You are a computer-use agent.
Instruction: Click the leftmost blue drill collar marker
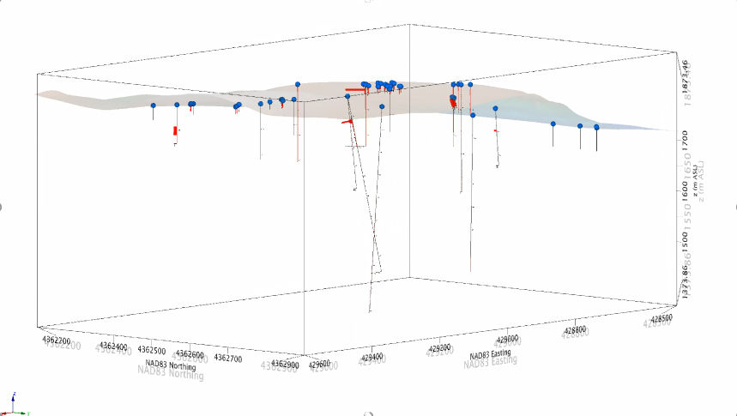point(153,106)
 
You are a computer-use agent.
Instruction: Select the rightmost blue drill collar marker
point(596,127)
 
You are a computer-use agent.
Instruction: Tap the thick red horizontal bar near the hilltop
point(353,88)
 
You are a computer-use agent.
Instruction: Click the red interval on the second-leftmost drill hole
point(175,131)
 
